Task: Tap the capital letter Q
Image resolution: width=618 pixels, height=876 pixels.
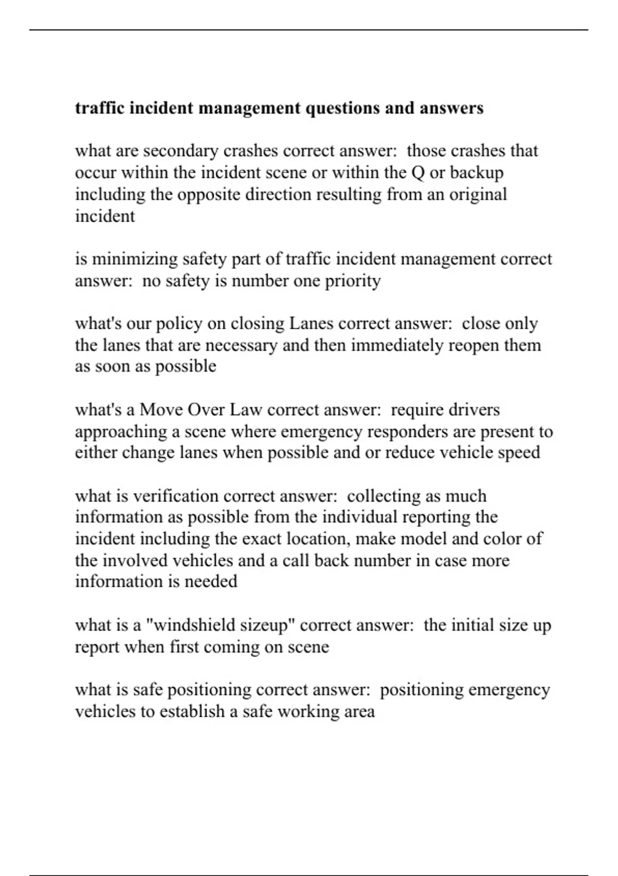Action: pyautogui.click(x=418, y=173)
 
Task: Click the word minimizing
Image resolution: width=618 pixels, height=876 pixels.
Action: pyautogui.click(x=135, y=259)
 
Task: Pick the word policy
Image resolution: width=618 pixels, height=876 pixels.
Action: pyautogui.click(x=179, y=324)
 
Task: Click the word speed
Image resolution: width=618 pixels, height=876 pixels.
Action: pyautogui.click(x=520, y=452)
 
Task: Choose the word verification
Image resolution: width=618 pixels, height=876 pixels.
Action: pyautogui.click(x=176, y=496)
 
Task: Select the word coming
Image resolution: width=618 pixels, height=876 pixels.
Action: pyautogui.click(x=234, y=647)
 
